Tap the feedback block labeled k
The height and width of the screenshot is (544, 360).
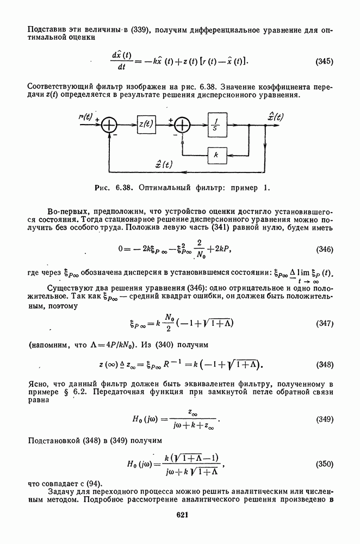216,154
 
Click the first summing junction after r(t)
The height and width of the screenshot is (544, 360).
110,125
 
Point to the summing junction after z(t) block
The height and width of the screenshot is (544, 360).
182,125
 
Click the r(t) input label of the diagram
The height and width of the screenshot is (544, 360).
85,116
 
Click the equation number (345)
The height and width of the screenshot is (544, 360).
324,61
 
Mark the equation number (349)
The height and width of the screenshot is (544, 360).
324,421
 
